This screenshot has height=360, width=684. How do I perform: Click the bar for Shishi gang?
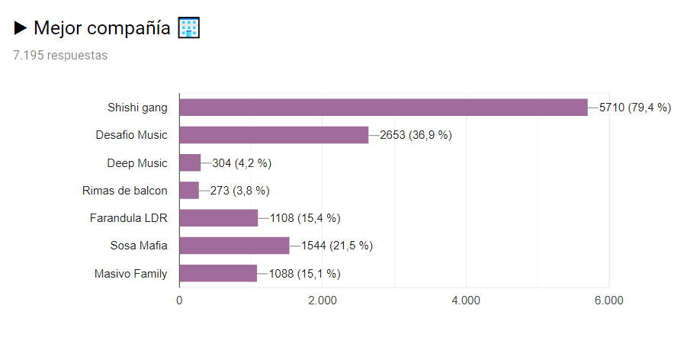point(383,108)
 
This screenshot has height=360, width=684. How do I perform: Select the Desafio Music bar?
point(274,135)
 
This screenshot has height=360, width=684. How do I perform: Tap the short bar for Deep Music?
point(190,162)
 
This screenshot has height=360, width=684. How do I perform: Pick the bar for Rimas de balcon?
point(189,190)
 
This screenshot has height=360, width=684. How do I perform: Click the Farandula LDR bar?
point(218,218)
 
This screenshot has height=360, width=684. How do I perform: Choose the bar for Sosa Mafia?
point(234,246)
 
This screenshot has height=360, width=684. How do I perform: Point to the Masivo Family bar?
point(218,273)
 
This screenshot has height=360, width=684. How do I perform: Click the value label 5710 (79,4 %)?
point(634,108)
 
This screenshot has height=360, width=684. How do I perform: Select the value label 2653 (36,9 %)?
point(416,135)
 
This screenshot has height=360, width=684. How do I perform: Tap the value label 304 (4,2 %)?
point(242,162)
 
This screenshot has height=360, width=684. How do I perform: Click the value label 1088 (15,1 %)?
point(304,273)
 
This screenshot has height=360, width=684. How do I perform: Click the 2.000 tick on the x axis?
point(323,301)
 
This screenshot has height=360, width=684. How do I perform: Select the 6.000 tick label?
point(609,301)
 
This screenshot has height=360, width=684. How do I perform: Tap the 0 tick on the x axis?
point(179,301)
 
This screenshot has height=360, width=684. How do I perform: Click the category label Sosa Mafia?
point(139,246)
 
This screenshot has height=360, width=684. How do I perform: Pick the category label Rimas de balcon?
point(124,190)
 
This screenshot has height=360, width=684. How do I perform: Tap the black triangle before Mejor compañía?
point(21,28)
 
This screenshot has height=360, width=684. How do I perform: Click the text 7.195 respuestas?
point(60,56)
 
